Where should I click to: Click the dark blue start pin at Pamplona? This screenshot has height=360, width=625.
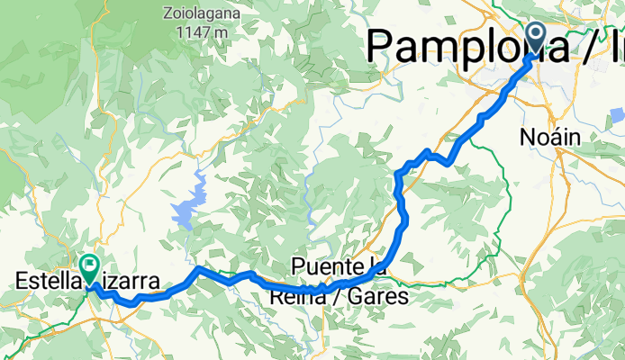pos(535,38)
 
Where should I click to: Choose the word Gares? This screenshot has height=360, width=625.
pos(379,295)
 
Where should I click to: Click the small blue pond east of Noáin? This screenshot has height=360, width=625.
pos(616,116)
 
